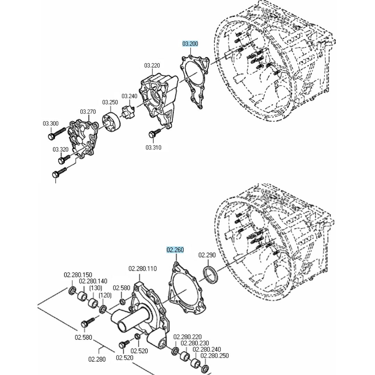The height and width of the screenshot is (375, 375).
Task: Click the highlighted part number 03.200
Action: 190,44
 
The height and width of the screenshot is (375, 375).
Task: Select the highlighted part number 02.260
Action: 175,250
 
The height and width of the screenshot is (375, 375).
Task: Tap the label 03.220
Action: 152,65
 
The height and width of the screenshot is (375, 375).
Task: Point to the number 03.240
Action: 129,96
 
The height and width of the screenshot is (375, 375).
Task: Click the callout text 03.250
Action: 110,102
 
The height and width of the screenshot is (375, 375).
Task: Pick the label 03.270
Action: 88,112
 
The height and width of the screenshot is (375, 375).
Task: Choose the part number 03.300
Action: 51,123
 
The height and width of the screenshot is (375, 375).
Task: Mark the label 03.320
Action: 60,149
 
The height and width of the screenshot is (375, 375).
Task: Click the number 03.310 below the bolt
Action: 153,147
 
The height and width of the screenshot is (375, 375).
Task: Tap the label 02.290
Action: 207,255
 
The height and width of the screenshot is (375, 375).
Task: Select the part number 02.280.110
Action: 143,268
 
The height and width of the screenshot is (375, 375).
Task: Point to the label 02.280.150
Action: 78,275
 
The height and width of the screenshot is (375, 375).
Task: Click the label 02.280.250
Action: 215,356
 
